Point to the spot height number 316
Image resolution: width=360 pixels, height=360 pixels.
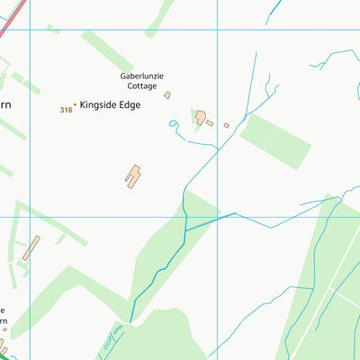tap(66, 110)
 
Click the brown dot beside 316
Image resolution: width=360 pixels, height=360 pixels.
tap(75, 105)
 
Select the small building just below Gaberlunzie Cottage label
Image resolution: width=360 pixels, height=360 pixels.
tap(167, 94)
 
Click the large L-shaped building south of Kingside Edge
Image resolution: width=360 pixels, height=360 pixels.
tap(134, 175)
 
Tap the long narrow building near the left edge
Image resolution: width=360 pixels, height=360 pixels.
tap(31, 248)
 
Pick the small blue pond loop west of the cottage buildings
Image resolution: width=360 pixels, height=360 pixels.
tap(173, 125)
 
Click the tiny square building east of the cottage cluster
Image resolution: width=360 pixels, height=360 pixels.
tap(227, 125)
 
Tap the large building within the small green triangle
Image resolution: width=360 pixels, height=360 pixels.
tap(202, 117)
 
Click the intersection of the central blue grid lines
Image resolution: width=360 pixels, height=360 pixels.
tap(217, 216)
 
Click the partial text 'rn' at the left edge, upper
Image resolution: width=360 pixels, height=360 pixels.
tap(4, 105)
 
